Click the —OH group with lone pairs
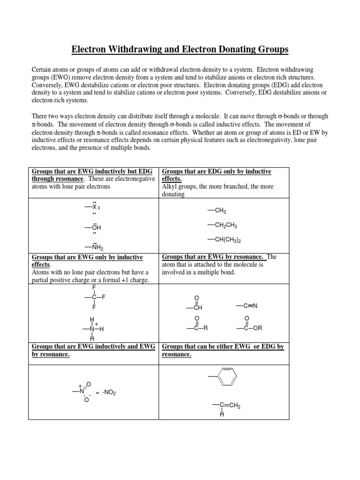[x=93, y=227]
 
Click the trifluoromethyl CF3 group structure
[x=95, y=297]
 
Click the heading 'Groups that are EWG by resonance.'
[x=214, y=257]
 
